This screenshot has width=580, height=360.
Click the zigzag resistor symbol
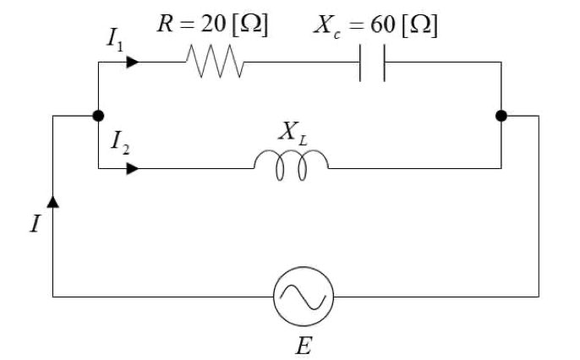[215, 62]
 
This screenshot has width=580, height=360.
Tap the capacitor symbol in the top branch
[372, 63]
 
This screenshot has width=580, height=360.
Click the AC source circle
[304, 267]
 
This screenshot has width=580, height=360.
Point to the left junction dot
[98, 116]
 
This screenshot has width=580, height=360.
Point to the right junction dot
[501, 116]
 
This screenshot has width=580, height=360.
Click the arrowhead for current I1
[133, 62]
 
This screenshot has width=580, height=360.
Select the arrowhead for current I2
[133, 168]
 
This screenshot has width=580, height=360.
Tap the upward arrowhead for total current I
[53, 202]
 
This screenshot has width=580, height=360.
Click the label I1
[115, 40]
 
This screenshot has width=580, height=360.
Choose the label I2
[120, 143]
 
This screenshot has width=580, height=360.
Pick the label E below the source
[304, 346]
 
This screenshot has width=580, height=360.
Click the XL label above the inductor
[293, 132]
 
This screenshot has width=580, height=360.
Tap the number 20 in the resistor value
[213, 24]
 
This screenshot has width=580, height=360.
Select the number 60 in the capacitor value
[382, 25]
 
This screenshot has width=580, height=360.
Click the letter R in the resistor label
[166, 24]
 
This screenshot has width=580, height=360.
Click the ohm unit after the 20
[250, 25]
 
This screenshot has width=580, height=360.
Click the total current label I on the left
[35, 224]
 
